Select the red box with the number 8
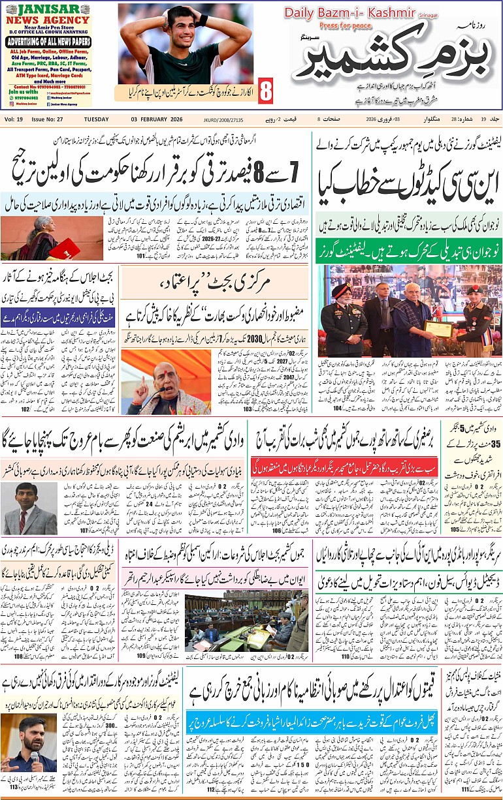pyautogui.click(x=266, y=92)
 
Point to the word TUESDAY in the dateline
pyautogui.click(x=97, y=119)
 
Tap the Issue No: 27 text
pyautogui.click(x=47, y=119)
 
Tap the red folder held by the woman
pyautogui.click(x=65, y=248)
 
